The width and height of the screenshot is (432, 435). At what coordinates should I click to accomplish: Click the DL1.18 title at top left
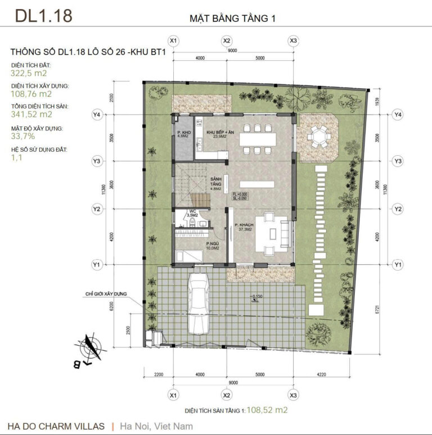43,16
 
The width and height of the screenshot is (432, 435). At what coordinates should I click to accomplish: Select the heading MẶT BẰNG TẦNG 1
232,19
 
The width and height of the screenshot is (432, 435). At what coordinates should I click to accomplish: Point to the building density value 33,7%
23,135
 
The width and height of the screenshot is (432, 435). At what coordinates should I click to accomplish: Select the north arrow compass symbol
91,350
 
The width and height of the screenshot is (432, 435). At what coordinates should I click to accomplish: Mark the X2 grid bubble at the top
227,41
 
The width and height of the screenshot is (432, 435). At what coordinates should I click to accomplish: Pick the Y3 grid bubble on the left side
96,161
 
